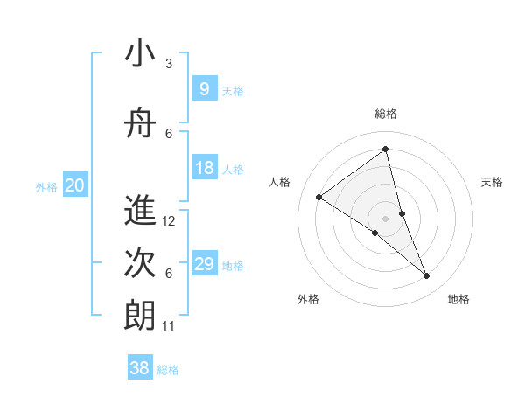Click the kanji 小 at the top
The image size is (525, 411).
(140, 54)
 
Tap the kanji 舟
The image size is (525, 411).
(140, 124)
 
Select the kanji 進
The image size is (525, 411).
(140, 212)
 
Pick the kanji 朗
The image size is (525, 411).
(140, 316)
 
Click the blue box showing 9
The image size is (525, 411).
(204, 88)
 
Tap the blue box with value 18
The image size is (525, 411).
(204, 168)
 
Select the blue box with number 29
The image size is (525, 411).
(204, 264)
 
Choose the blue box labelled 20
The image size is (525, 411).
(75, 185)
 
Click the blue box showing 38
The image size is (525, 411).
(139, 368)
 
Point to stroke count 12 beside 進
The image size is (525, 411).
(170, 221)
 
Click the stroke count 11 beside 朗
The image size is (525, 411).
(170, 326)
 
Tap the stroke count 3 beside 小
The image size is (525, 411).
(169, 64)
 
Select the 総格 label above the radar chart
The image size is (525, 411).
(386, 114)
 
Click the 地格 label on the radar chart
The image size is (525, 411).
(458, 299)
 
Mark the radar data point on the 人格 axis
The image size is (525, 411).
(319, 197)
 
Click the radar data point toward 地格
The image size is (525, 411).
(427, 275)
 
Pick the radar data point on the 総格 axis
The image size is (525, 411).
(386, 150)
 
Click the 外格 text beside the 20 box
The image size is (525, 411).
(46, 186)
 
